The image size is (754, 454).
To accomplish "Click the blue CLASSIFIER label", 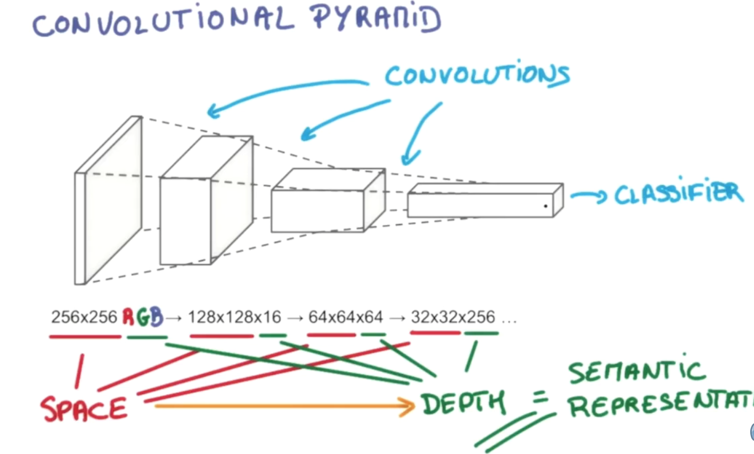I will click(678, 194).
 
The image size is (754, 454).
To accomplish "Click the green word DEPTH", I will click(463, 403).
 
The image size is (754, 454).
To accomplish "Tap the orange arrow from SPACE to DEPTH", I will click(283, 406).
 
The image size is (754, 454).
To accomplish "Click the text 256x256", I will click(84, 317).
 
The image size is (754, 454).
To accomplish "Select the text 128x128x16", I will click(234, 317).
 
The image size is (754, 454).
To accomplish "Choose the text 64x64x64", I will click(345, 317).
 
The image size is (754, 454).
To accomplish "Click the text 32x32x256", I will click(453, 317).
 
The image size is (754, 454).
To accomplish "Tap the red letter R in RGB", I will click(128, 317).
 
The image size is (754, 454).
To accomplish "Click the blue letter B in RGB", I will click(157, 317).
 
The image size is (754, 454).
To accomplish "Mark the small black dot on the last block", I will click(545, 206).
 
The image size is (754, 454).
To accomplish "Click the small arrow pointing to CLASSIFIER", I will click(588, 196).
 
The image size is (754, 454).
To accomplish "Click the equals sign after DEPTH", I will click(541, 398).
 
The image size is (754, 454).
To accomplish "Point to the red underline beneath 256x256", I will click(86, 337).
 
